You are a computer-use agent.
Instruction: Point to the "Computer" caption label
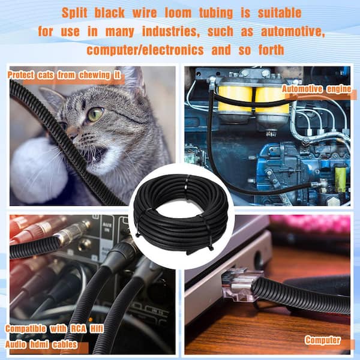(323, 340)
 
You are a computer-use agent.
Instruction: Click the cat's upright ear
(133, 80)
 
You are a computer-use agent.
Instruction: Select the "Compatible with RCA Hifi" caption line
(53, 329)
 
